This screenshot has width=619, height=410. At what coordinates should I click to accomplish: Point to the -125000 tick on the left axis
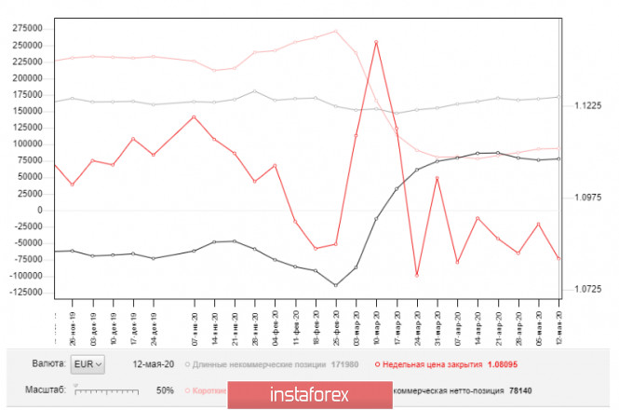pos(25,293)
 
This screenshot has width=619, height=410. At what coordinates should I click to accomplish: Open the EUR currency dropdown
pos(89,362)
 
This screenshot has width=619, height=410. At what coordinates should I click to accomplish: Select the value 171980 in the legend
pos(345,363)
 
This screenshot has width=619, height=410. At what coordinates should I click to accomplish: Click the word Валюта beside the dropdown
pos(48,362)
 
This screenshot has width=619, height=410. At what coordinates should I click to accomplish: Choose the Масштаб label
pos(46,389)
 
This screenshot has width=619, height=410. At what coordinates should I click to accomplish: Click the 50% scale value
pos(166,389)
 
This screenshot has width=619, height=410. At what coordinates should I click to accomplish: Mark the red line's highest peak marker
pos(376,42)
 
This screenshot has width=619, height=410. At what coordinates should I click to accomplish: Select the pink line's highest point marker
pos(335,31)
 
